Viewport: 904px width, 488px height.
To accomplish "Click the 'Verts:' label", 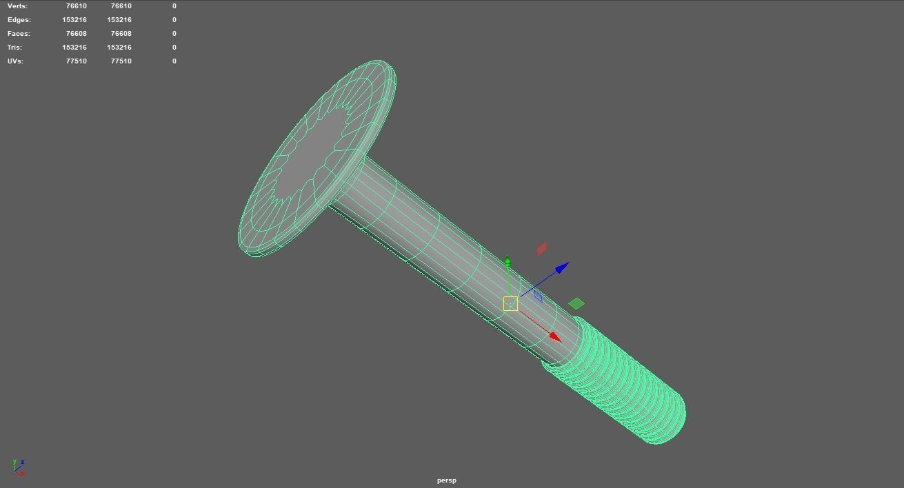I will point(17,6).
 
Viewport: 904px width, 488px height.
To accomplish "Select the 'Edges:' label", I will point(19,20).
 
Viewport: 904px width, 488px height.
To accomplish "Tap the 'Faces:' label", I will point(19,34).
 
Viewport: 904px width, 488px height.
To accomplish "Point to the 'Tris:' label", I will point(14,48).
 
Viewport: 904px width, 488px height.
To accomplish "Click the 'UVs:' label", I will point(15,61).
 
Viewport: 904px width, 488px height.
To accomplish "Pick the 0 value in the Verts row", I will point(174,6).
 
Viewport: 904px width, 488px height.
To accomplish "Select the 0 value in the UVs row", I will point(174,61).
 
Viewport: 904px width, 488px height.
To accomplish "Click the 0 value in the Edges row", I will point(174,20).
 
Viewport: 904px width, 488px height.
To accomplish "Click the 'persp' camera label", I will point(447,480).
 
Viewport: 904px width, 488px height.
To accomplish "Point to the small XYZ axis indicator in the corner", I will point(19,467).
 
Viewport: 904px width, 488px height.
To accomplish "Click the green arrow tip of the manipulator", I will point(508,261).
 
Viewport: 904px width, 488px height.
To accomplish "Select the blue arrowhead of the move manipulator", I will point(562,267).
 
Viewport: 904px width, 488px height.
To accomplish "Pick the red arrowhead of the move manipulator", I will point(555,336).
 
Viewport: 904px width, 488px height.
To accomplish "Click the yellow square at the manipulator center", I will point(510,304).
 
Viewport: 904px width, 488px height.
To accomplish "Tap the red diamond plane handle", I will point(542,248).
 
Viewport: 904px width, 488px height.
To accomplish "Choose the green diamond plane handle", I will point(576,303).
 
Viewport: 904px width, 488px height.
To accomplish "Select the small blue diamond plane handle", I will point(538,296).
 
